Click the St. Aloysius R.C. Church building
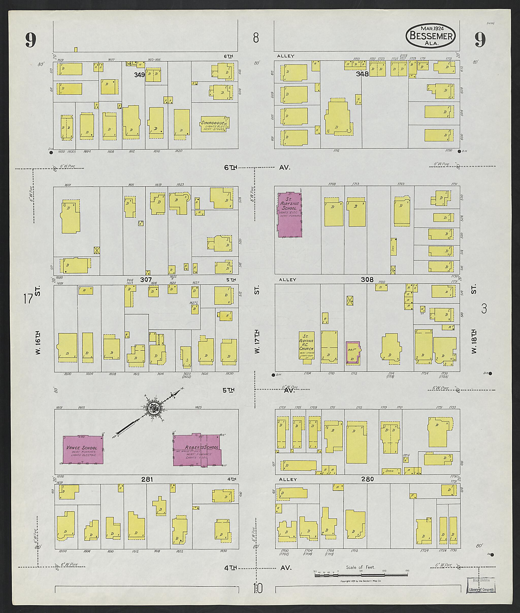(x=306, y=345)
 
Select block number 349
(x=139, y=75)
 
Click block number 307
(x=146, y=280)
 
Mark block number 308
(x=367, y=280)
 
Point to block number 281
(x=147, y=479)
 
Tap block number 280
(x=368, y=479)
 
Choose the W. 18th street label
(x=474, y=342)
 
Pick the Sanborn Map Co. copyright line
(x=361, y=581)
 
